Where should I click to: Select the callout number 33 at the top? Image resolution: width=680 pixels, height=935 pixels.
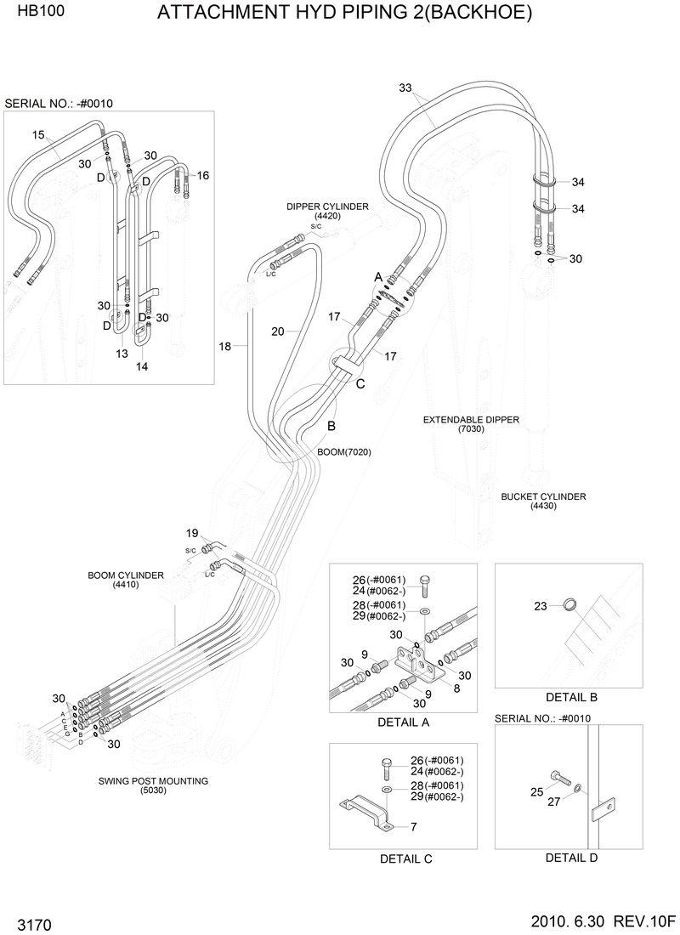tap(405, 88)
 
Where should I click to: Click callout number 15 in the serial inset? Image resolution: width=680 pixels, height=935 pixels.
tap(38, 134)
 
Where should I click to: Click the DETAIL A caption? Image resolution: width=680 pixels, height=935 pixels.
tap(402, 722)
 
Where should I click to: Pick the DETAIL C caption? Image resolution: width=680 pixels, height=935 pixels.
tap(405, 859)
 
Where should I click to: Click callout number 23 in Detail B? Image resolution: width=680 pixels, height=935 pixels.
tap(540, 606)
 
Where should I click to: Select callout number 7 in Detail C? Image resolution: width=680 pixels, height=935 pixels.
tap(413, 826)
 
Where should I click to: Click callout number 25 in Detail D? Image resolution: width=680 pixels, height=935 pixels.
tap(536, 792)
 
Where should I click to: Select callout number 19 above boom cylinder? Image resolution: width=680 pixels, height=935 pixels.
tap(192, 533)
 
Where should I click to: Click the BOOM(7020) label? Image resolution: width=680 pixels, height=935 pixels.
tap(344, 451)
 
